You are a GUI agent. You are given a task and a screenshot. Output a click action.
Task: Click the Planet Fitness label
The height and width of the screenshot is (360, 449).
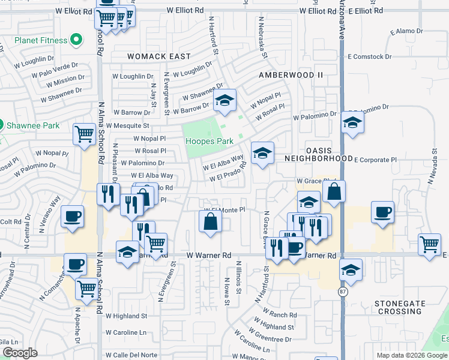(36, 41)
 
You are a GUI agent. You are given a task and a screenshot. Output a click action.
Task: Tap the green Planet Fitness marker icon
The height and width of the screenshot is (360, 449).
(76, 41)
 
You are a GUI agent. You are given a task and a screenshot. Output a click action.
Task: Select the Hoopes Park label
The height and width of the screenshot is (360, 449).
(208, 141)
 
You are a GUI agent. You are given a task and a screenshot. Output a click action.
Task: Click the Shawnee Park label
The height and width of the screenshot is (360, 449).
(33, 125)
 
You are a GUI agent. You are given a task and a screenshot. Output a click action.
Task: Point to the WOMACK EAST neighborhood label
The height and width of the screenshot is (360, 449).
(158, 56)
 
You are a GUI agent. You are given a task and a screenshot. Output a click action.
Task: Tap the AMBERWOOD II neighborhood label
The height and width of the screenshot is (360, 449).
(291, 75)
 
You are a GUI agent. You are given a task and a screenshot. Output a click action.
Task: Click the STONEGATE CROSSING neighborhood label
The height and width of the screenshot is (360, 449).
(398, 307)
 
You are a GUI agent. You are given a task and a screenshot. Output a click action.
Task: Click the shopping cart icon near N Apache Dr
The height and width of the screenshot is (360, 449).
(86, 288)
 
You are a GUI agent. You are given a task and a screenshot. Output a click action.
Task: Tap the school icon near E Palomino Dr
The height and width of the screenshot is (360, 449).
(352, 123)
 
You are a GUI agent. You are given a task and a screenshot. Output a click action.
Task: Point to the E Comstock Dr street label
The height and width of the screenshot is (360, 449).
(369, 57)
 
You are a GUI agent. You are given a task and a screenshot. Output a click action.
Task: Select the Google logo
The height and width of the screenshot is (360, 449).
(20, 353)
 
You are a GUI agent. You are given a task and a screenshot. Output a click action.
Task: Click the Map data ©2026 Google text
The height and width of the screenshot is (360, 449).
(411, 355)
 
